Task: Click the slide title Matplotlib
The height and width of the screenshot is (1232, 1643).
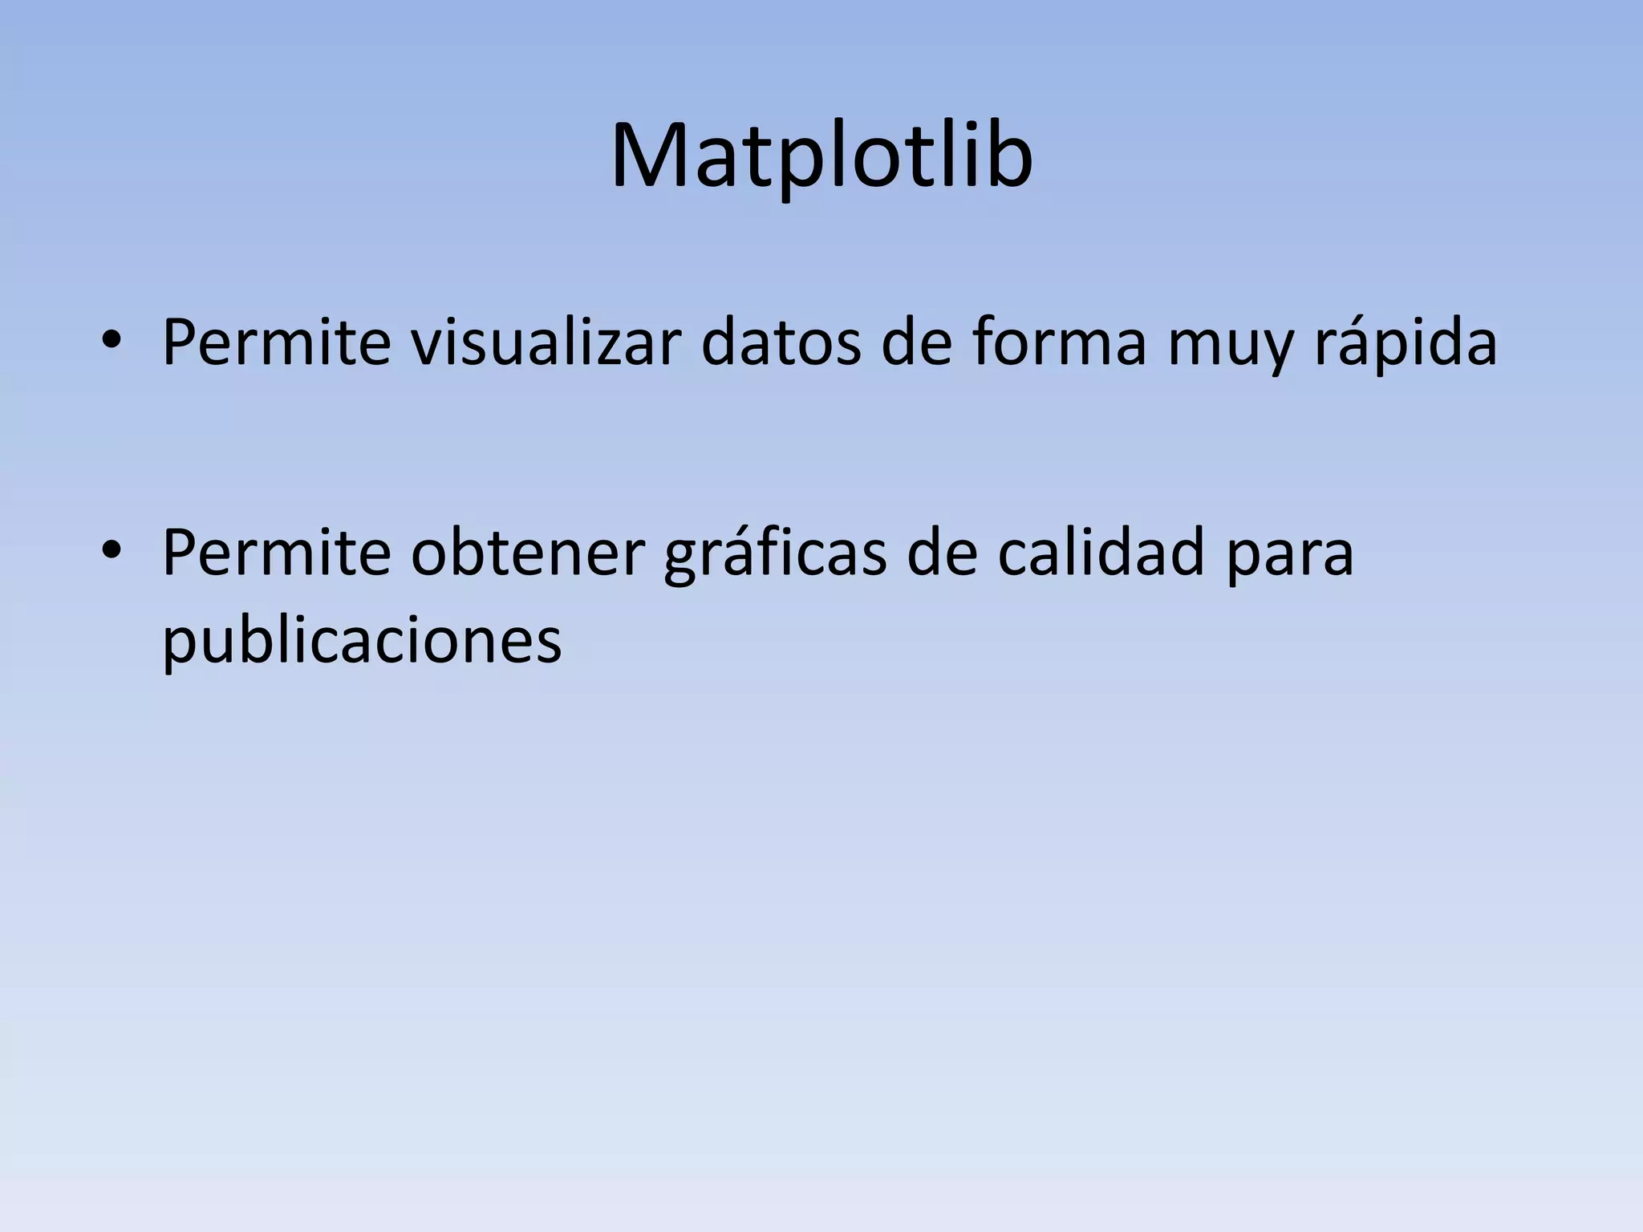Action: point(821,156)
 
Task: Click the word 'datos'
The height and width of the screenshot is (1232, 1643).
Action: point(781,342)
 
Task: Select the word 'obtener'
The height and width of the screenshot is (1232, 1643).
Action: point(527,553)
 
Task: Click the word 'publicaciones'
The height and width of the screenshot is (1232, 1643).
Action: point(362,642)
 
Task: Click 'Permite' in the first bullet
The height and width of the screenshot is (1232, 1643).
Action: point(276,342)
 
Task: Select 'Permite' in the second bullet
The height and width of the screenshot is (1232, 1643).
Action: point(276,553)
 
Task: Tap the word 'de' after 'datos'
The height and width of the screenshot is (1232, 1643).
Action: point(917,342)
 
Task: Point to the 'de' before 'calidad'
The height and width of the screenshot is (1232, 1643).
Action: point(942,553)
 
